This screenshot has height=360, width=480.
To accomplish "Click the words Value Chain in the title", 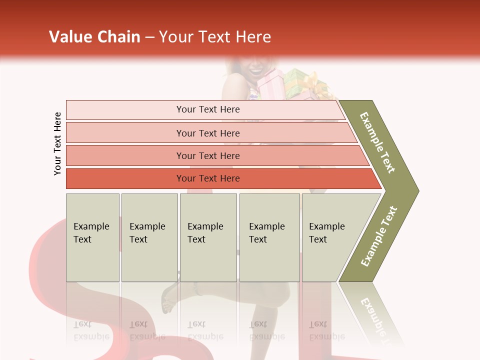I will click(x=94, y=37).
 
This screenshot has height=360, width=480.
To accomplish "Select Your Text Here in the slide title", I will click(x=215, y=37).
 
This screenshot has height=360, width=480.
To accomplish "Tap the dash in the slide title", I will click(x=149, y=37).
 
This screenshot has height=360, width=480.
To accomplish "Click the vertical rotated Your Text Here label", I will click(x=57, y=143).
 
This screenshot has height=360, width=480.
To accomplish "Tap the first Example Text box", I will click(x=92, y=237).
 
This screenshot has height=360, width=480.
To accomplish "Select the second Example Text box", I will click(x=149, y=237).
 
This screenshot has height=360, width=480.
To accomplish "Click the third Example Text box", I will click(x=208, y=237).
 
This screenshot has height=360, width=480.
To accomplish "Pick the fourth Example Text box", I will click(x=269, y=237).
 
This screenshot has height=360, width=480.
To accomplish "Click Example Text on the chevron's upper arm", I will click(x=378, y=142).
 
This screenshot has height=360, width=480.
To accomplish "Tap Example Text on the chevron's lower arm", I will click(x=379, y=236).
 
